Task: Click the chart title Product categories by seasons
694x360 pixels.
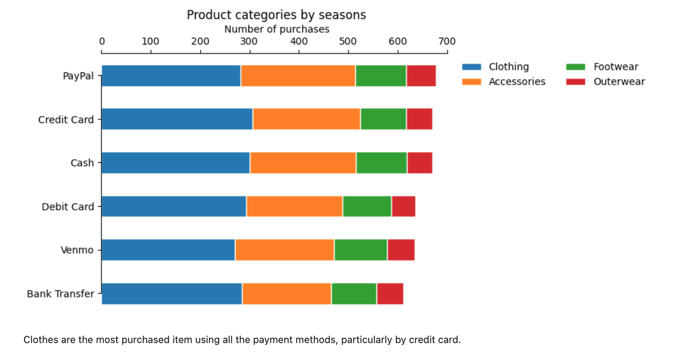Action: click(276, 15)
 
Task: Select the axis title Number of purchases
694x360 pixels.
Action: click(277, 29)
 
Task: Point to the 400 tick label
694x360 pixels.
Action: click(299, 41)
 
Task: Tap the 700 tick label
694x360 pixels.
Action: click(447, 41)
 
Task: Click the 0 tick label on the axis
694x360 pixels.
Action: click(102, 41)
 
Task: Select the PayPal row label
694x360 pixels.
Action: click(78, 76)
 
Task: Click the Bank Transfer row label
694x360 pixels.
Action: click(60, 294)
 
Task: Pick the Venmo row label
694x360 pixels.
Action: click(77, 250)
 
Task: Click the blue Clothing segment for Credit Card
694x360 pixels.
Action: click(177, 119)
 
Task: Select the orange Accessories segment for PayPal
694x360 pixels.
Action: click(298, 76)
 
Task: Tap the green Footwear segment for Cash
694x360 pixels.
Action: click(382, 163)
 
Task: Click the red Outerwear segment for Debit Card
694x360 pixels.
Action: click(404, 207)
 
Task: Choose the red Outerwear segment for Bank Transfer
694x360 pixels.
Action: click(390, 294)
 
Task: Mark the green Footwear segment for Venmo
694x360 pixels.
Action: click(361, 250)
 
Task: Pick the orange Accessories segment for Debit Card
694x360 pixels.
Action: click(295, 207)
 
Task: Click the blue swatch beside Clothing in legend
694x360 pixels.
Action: click(472, 67)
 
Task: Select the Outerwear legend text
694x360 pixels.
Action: click(619, 82)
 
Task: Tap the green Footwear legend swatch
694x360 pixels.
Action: click(576, 67)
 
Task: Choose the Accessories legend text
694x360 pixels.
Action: click(517, 82)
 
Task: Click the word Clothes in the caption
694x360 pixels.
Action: click(39, 340)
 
